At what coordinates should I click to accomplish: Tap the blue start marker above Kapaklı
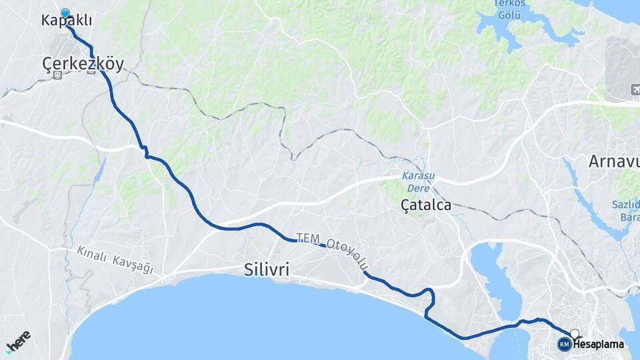(x=65, y=13)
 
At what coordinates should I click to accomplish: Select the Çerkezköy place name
(x=83, y=63)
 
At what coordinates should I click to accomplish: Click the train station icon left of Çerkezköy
(x=57, y=75)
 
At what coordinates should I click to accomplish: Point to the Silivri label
(x=266, y=269)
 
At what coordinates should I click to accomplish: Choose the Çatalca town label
(x=425, y=205)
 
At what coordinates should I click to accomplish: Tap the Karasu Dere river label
(x=418, y=181)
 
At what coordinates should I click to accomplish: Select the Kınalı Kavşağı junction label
(x=115, y=260)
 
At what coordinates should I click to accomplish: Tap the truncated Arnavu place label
(x=614, y=161)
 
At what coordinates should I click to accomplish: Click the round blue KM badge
(x=564, y=344)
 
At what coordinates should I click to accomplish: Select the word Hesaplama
(x=598, y=345)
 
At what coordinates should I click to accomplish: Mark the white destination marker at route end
(x=575, y=333)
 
